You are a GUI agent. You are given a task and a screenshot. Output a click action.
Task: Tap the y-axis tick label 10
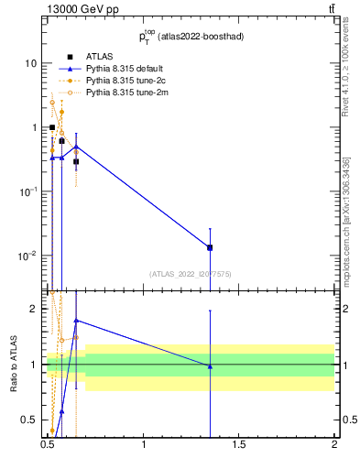(31, 63)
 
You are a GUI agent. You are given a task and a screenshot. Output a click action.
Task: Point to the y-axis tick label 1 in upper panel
(34, 127)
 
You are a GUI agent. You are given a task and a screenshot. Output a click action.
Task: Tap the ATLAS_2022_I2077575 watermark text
(191, 273)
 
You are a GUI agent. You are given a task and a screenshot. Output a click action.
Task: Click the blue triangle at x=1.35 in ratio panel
(210, 366)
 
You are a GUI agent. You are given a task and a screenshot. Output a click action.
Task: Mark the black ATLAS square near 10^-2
(210, 247)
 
